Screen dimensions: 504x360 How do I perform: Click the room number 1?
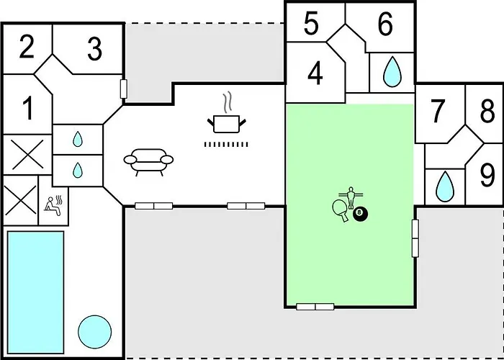point(28,109)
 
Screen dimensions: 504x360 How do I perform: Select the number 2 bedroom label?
point(27,47)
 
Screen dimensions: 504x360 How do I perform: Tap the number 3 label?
point(95,49)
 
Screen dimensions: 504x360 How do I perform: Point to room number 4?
point(315,74)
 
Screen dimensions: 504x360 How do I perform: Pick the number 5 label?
point(311,24)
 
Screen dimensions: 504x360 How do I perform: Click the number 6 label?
point(385,24)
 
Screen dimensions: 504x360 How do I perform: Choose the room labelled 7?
point(437,111)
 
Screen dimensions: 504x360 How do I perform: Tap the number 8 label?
point(487,111)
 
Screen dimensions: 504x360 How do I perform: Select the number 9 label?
point(487,176)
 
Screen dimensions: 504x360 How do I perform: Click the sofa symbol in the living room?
point(148,162)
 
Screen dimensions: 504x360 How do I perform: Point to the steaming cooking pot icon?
point(227,117)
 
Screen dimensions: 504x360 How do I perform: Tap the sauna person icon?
point(53,206)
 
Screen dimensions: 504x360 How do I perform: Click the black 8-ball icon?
point(360,213)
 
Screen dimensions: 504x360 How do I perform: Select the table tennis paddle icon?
point(340,210)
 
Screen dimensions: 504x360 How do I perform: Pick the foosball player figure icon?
point(351,197)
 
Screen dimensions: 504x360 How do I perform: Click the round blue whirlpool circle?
point(95,332)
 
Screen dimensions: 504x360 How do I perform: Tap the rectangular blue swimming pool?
point(35,292)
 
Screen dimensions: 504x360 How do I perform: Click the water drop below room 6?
point(392,72)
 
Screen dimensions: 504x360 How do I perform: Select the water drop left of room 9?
point(445,187)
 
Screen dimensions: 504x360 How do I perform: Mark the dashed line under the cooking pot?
point(226,144)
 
